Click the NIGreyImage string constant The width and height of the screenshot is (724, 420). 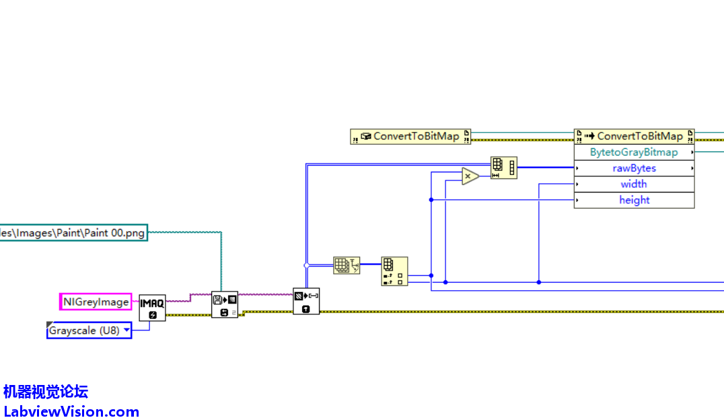96,302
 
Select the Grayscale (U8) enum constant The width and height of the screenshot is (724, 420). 83,331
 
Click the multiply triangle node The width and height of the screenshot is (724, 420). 470,176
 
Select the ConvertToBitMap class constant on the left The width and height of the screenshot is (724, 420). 410,137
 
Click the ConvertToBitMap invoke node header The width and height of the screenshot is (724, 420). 634,136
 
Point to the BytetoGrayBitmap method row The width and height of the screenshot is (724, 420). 634,152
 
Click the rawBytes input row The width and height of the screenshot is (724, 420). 634,168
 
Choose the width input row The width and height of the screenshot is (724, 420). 634,184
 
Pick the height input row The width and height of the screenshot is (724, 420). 634,200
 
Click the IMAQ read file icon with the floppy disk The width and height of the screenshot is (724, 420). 225,304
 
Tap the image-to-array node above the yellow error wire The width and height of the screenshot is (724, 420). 306,301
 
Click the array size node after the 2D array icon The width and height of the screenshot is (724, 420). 394,271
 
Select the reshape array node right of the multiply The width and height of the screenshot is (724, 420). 503,168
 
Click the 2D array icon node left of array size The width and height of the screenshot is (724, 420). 347,265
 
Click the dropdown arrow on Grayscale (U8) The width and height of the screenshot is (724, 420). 126,331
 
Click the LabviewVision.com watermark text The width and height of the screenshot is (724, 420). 71,412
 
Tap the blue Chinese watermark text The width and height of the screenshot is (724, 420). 46,392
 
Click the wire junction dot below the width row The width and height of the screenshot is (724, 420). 538,282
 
